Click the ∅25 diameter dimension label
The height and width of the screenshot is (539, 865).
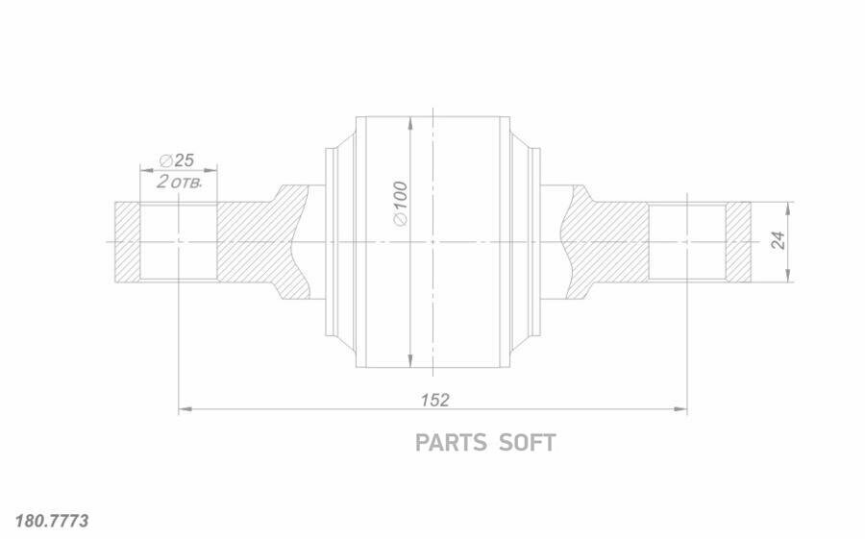pyautogui.click(x=177, y=160)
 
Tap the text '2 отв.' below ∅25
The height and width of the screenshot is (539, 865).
pyautogui.click(x=179, y=182)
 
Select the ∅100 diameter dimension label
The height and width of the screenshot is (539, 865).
pyautogui.click(x=401, y=203)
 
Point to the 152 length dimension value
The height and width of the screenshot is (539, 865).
pyautogui.click(x=434, y=400)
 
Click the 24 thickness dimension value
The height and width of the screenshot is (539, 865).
pyautogui.click(x=778, y=240)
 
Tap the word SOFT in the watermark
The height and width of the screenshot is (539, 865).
pyautogui.click(x=527, y=443)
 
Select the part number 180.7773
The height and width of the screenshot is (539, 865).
pyautogui.click(x=51, y=521)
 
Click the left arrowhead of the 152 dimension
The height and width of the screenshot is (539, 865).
pyautogui.click(x=185, y=409)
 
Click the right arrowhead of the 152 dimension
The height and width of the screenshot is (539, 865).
pyautogui.click(x=680, y=409)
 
